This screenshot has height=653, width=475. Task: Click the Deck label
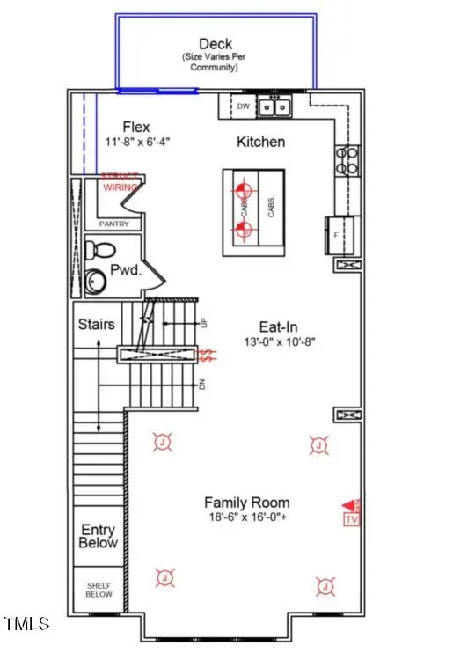[x=216, y=44]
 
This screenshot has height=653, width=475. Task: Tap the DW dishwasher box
[x=243, y=106]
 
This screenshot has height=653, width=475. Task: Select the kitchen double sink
[x=274, y=106]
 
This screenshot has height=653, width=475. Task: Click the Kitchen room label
[x=260, y=141]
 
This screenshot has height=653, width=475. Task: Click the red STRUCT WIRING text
[x=120, y=182]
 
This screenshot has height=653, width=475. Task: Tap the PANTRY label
[x=113, y=224]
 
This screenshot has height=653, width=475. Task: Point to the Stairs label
[x=96, y=324]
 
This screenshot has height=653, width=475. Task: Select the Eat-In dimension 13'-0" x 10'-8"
[x=280, y=341]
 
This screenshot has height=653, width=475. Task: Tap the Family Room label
[x=243, y=502]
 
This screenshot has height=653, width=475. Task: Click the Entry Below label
[x=98, y=536]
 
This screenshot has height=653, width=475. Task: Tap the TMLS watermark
[x=26, y=625]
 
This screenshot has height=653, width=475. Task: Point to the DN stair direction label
[x=202, y=384]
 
